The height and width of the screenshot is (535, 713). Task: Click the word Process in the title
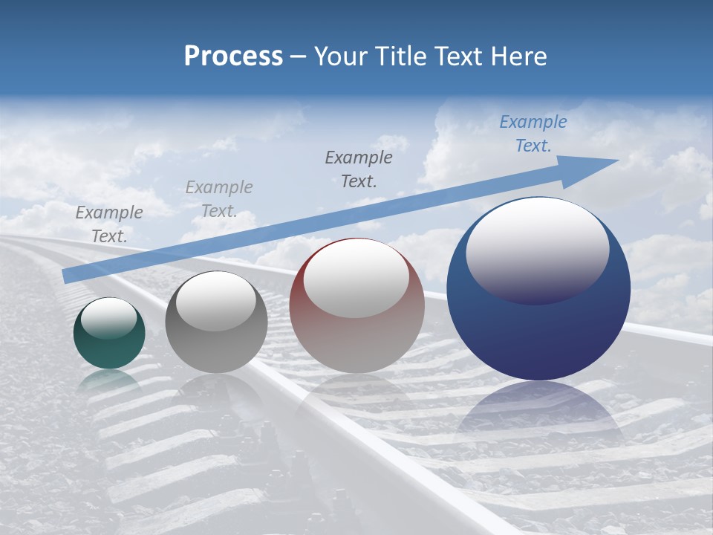point(233,56)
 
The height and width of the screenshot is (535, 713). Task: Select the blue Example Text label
point(533,134)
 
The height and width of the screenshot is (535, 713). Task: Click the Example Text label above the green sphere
point(108,224)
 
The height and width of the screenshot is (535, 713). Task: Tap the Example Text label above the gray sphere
point(219,199)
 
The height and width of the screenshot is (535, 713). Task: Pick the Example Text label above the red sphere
point(359,169)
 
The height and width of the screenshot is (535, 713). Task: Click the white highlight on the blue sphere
point(537,249)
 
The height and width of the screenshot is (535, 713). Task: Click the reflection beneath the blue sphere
point(538,412)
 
